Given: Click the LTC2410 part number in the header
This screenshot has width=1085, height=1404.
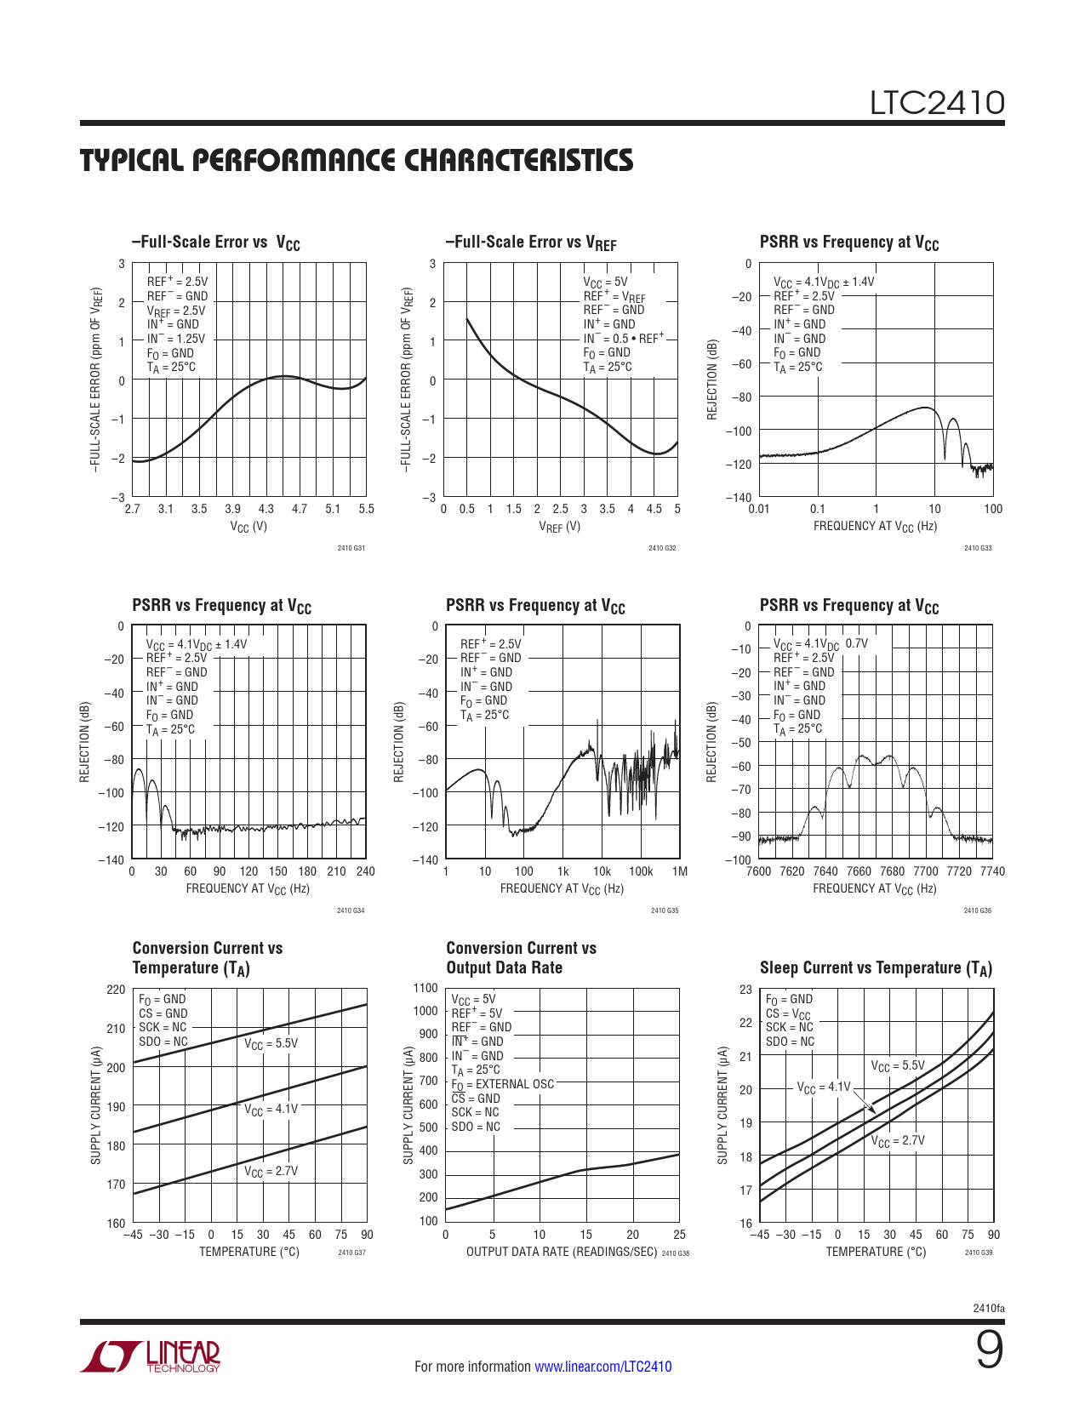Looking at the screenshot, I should click(x=936, y=103).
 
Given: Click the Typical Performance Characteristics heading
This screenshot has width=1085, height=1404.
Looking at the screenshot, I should click(x=357, y=161).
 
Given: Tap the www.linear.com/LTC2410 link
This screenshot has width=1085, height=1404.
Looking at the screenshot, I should click(x=602, y=1367).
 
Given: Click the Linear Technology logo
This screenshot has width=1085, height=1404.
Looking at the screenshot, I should click(x=151, y=1356).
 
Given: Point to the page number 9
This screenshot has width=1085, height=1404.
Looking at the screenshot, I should click(x=989, y=1350).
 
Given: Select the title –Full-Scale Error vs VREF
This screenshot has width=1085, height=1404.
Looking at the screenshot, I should click(x=530, y=243).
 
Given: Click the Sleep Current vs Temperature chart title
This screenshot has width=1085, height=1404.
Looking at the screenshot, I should click(x=876, y=968).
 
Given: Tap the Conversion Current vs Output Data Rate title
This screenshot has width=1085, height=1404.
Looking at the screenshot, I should click(x=521, y=958).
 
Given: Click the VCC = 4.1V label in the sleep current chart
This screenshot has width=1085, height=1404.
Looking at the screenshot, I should click(x=823, y=1087).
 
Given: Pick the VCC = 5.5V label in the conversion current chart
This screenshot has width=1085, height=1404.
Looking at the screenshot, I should click(x=271, y=1044).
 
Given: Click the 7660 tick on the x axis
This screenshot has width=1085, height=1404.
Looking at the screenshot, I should click(x=859, y=871).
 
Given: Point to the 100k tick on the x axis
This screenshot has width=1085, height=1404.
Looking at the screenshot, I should click(x=641, y=871).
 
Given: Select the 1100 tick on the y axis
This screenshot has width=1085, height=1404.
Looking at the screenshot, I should click(x=425, y=988).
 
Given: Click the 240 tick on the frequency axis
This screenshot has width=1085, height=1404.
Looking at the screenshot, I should click(x=365, y=871).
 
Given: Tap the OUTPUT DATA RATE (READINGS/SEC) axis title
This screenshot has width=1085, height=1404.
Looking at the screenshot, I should click(x=561, y=1252).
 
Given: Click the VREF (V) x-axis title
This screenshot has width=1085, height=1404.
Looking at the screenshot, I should click(x=560, y=527).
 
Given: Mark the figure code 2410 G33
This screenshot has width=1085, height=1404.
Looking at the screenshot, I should click(x=978, y=548).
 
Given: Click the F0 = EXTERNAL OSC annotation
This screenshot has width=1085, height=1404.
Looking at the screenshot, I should click(x=502, y=1084).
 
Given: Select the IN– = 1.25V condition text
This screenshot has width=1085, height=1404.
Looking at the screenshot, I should click(x=175, y=339).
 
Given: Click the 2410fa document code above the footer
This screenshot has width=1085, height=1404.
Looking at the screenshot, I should click(x=988, y=1308).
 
